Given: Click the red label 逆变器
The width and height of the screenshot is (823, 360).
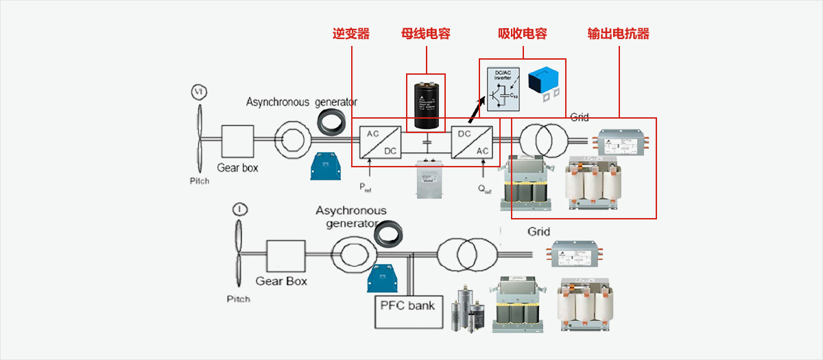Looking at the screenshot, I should coord(351,34).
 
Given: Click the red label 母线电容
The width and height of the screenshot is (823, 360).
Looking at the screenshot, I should coord(426,34).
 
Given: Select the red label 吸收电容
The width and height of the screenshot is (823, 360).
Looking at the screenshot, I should coord(523,34).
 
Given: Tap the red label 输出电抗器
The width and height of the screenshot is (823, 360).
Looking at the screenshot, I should coord(619,34).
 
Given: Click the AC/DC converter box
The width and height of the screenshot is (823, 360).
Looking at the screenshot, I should coord(379,142).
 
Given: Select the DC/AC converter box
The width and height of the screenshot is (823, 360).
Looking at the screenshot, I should coord(471,142).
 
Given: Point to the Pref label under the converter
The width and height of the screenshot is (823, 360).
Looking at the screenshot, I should coord(366,187).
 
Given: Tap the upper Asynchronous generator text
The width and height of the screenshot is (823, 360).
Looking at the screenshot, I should coord(302,102).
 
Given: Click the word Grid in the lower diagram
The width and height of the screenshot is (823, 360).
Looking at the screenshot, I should coord(538,232).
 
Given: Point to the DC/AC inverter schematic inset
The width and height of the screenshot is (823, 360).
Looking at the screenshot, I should coord(503,89).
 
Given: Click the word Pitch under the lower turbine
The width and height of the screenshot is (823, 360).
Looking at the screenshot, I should coord(239,299).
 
